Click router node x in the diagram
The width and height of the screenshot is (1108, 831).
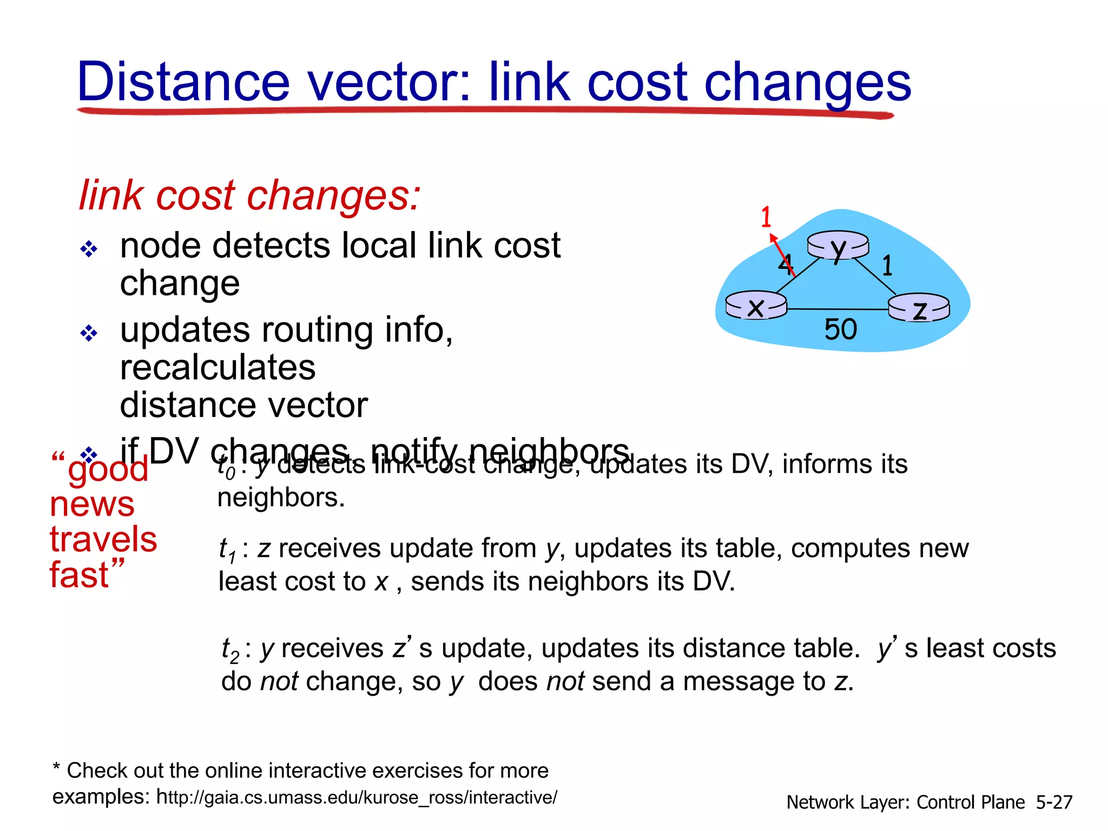click(x=756, y=306)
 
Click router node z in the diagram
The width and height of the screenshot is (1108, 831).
click(x=919, y=309)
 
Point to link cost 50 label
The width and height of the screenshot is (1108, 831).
click(x=840, y=329)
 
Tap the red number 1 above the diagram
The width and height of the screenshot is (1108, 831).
click(x=766, y=217)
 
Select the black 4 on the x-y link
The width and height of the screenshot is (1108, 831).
click(x=785, y=265)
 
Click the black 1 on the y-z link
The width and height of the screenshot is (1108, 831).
click(x=887, y=266)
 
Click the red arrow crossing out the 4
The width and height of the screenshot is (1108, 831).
click(x=782, y=254)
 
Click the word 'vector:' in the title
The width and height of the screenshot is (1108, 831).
click(x=390, y=82)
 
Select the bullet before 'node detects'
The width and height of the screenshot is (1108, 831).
click(x=89, y=249)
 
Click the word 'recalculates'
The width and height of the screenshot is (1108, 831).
click(x=217, y=368)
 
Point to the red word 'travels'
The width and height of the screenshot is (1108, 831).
click(x=103, y=539)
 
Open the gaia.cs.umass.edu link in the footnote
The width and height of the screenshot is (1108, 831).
click(x=357, y=797)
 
